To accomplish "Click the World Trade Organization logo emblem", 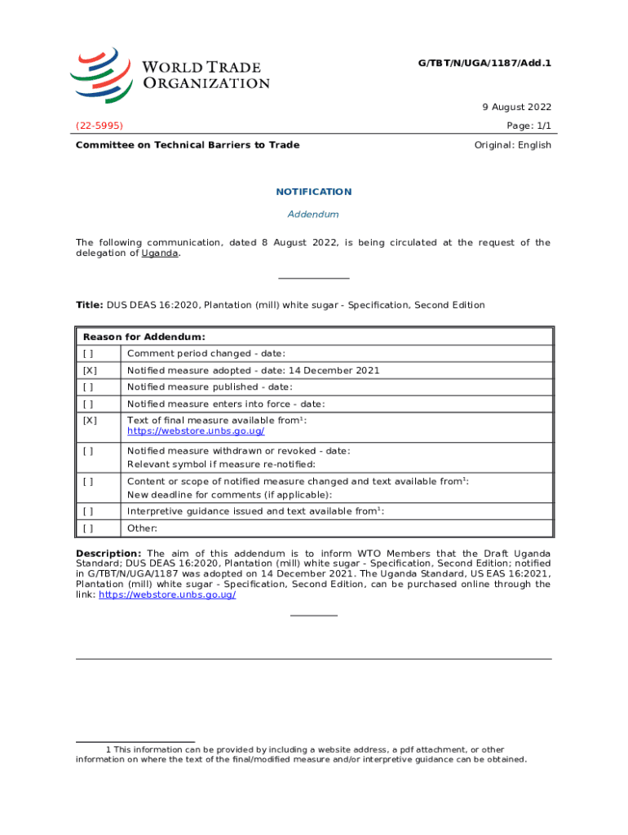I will (100, 73).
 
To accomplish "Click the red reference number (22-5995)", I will (100, 126).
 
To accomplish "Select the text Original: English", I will (512, 145).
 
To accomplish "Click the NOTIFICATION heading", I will (314, 192).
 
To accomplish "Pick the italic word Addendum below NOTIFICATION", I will (314, 214).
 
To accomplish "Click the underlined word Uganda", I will (160, 253).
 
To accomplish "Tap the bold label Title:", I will (89, 305).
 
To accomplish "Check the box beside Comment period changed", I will (88, 354).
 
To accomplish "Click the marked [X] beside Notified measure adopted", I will (89, 370).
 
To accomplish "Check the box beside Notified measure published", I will (88, 387).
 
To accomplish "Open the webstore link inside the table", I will (196, 431).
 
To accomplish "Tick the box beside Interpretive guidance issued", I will (88, 511).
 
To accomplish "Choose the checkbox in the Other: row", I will (88, 528).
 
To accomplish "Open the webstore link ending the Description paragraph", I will (167, 595).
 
